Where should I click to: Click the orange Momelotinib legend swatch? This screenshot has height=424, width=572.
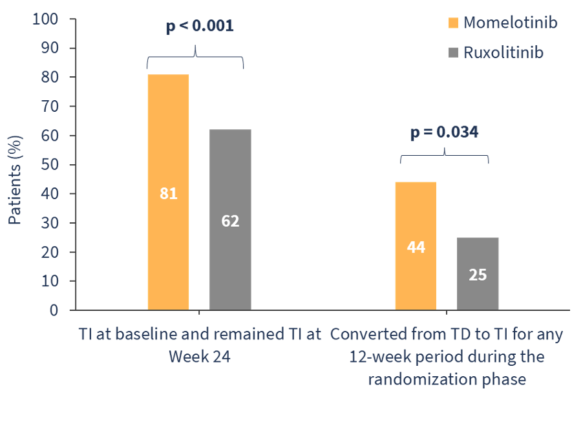tap(452, 23)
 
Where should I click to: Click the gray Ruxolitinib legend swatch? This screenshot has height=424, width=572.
tap(452, 52)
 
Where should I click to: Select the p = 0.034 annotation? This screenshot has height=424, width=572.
tap(445, 132)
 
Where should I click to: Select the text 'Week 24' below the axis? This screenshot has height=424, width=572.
tap(199, 357)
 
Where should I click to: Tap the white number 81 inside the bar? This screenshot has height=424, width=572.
tap(168, 193)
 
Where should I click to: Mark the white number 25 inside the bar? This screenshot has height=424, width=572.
tap(478, 275)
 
